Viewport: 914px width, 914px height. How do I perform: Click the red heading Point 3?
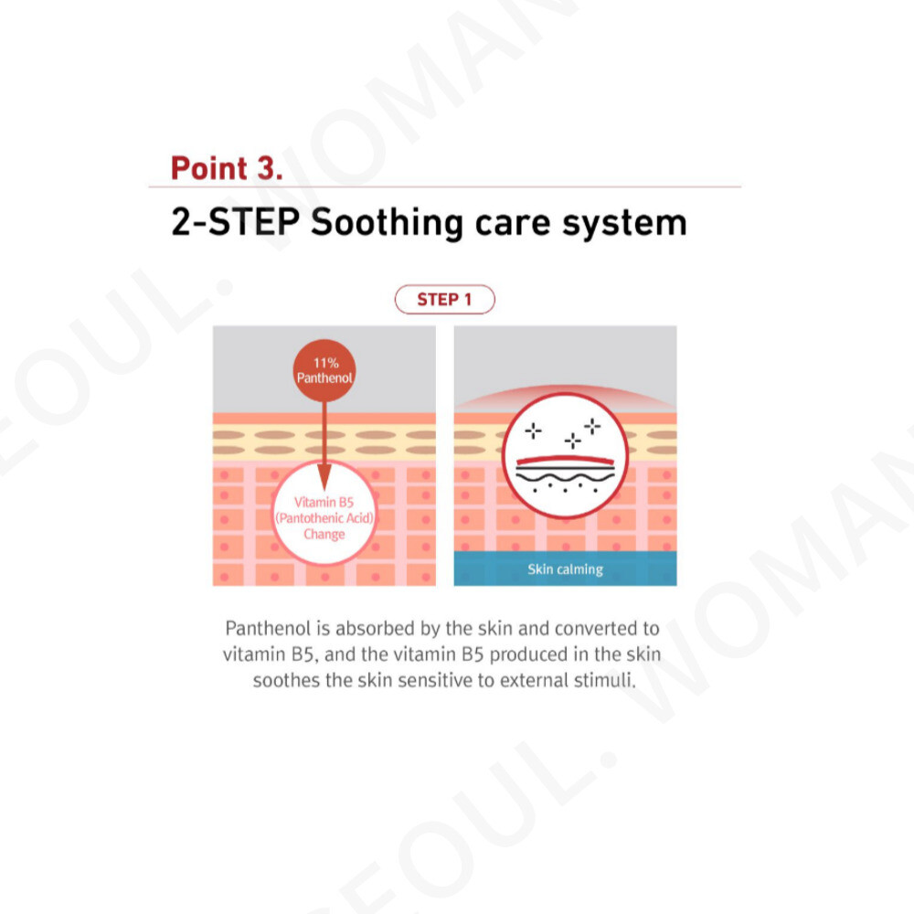(226, 168)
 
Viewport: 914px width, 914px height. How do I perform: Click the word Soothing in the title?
(387, 223)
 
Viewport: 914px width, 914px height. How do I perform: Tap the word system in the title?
(624, 225)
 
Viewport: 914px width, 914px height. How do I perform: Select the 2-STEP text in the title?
(235, 221)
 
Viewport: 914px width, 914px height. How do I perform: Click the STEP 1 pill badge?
(445, 300)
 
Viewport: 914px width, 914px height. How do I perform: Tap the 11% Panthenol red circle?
(324, 371)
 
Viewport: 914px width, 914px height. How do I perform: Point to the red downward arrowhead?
(324, 476)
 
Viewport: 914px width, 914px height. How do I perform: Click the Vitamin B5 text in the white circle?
(324, 503)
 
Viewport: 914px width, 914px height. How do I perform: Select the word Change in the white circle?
(324, 535)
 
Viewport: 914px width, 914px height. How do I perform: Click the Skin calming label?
(565, 569)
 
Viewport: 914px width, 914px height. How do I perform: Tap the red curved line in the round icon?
(565, 460)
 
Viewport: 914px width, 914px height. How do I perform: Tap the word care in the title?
(513, 225)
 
